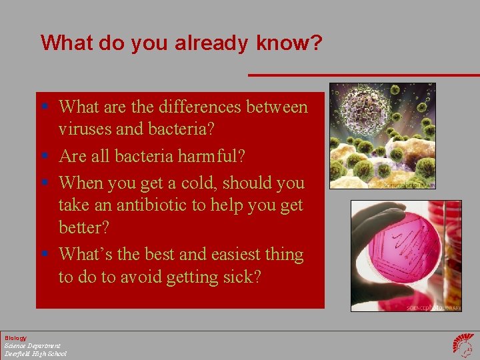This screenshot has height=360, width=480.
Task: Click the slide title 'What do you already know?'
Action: (x=181, y=43)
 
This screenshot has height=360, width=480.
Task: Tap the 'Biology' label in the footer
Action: (x=15, y=338)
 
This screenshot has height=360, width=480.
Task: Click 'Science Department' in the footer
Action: (x=32, y=345)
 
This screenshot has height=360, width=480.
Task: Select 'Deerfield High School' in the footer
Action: (x=35, y=353)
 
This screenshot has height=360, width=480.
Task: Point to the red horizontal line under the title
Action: (x=363, y=75)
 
